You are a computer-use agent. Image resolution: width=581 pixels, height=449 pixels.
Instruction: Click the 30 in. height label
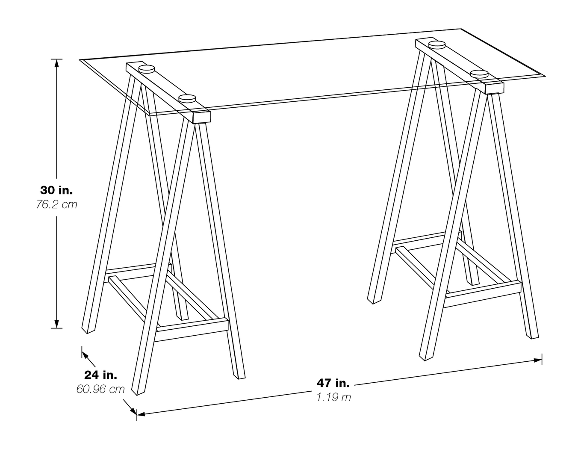56,190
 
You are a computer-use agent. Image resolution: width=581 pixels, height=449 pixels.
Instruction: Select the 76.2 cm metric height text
56,204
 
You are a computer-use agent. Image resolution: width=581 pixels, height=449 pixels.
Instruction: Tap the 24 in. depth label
100,375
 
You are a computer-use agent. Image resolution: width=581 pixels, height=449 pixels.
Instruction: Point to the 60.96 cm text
100,389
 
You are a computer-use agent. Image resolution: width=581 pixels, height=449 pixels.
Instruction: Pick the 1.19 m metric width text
333,397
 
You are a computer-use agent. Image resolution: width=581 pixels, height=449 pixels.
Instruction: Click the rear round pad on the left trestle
146,68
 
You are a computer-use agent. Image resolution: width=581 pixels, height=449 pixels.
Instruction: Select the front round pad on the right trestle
479,73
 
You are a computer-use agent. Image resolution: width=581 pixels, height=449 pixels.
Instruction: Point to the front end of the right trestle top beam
494,88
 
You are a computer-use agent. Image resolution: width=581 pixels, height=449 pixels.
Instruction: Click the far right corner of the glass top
546,76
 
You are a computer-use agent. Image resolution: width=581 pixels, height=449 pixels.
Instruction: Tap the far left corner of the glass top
80,60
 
